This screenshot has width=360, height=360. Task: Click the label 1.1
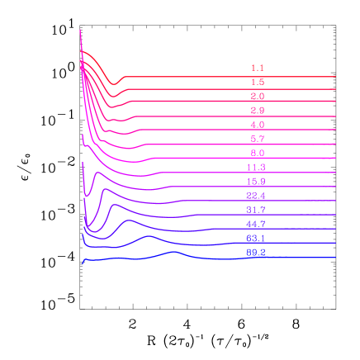click(x=257, y=68)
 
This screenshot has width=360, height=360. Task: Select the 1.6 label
click(x=257, y=83)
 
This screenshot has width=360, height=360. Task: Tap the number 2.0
click(x=257, y=97)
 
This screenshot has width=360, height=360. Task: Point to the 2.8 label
click(x=257, y=111)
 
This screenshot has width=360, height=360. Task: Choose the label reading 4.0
click(x=257, y=125)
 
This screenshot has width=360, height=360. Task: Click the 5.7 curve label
click(x=257, y=139)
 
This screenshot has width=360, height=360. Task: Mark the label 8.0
click(x=257, y=154)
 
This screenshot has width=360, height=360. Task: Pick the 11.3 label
click(x=256, y=168)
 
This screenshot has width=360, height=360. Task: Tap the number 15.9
click(x=256, y=182)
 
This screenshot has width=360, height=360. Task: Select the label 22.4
click(x=256, y=196)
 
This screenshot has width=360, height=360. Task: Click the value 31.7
click(x=256, y=211)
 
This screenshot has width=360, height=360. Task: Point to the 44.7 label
click(x=256, y=225)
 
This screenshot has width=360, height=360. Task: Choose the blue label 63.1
click(x=256, y=239)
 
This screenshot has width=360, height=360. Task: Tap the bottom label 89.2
click(x=256, y=253)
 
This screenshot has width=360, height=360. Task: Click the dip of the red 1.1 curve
click(x=116, y=84)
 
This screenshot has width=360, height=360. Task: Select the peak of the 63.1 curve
click(x=149, y=237)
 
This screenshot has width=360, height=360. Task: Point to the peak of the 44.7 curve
click(x=129, y=220)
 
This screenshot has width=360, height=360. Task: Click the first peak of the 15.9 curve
click(x=97, y=173)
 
